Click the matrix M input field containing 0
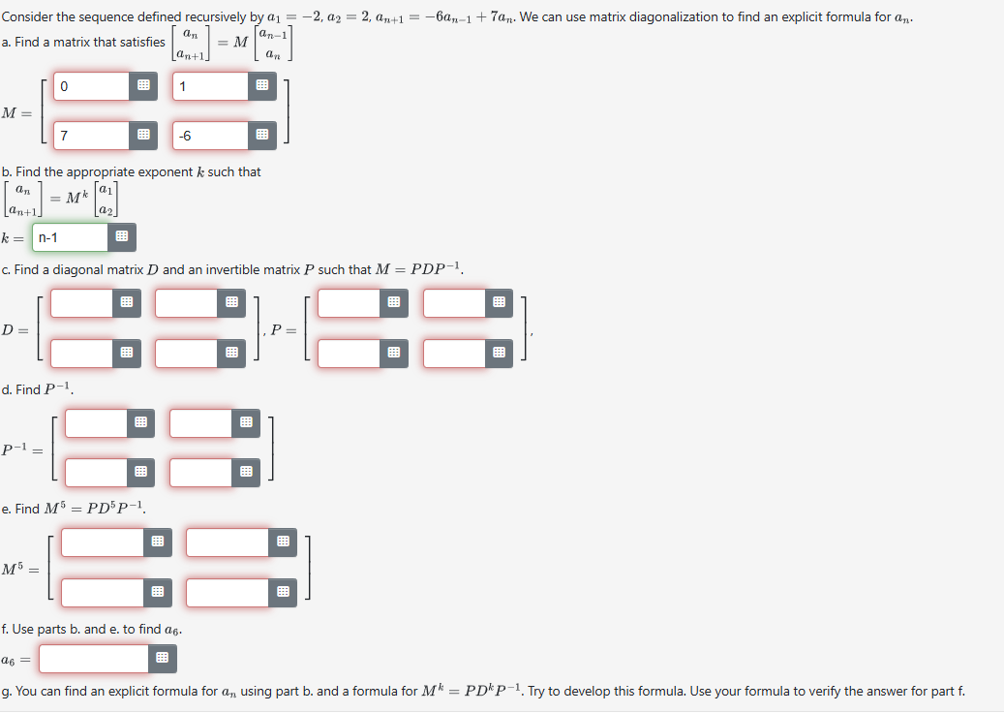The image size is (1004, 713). pos(92,86)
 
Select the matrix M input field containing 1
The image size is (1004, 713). pos(211,86)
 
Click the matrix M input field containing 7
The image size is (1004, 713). pos(92,136)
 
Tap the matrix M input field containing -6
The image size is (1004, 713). pos(211,136)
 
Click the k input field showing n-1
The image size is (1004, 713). pos(71,237)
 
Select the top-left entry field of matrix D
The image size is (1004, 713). pos(82,303)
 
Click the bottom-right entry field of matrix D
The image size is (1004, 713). pos(187,353)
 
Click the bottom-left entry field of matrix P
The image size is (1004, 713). pos(350,353)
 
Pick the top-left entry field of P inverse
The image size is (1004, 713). pos(97,422)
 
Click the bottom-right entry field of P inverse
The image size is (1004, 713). pos(201,472)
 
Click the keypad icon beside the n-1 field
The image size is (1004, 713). pos(122,237)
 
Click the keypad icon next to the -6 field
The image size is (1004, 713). pos(261,136)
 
